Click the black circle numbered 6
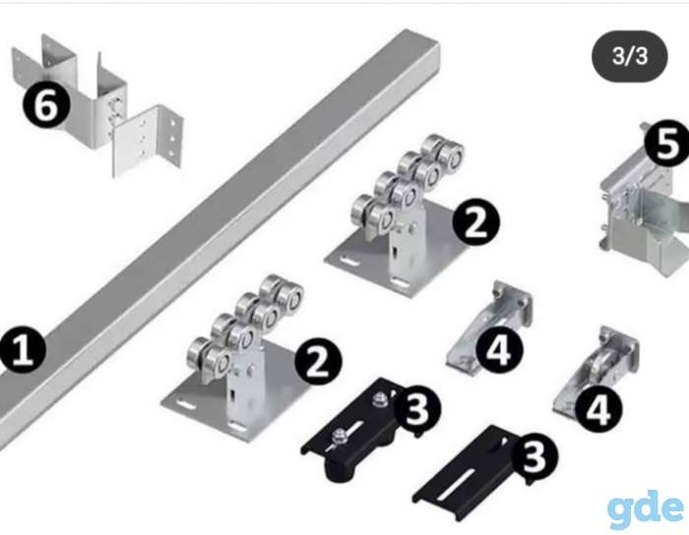(45, 105)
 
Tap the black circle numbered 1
(22, 350)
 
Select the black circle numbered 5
(667, 143)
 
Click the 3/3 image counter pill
(629, 56)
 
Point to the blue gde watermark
(646, 509)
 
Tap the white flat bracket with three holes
(147, 141)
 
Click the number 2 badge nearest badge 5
(475, 221)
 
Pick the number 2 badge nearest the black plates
(318, 361)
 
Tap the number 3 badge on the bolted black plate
(416, 408)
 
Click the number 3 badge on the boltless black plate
(534, 455)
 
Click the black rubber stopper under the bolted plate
(339, 470)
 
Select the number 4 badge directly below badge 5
(598, 409)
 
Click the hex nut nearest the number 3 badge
(379, 399)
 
